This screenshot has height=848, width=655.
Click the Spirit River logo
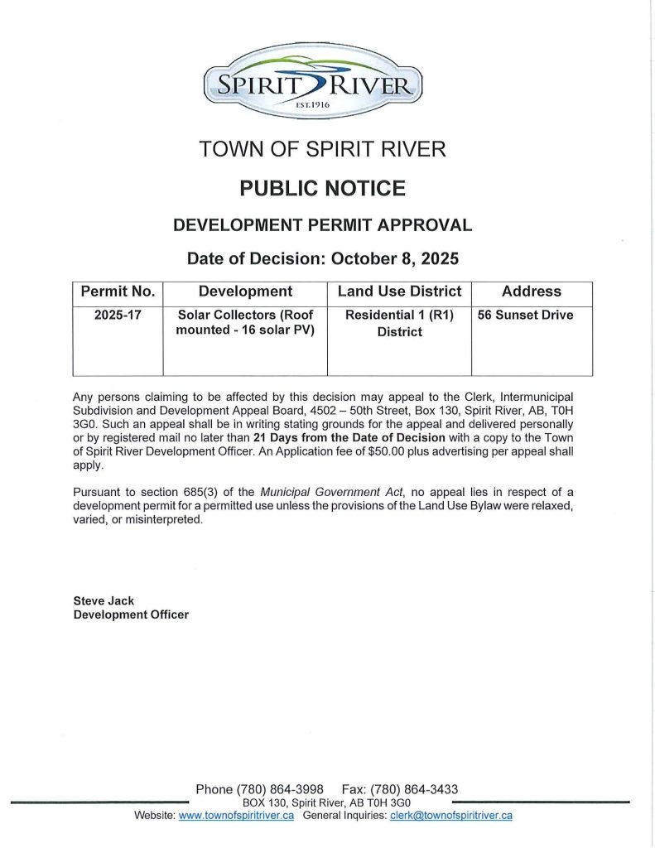point(313,83)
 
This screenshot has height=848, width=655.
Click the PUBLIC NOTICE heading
point(323,188)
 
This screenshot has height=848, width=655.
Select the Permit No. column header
point(117,291)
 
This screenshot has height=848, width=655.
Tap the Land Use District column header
point(399,291)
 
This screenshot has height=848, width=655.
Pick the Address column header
point(532,291)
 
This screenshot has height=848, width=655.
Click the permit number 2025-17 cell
point(117,316)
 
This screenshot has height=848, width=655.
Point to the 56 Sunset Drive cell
point(525,316)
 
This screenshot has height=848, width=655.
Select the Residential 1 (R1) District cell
point(399,323)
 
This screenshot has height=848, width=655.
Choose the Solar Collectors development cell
point(245,323)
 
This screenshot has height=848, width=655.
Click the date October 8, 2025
point(395,258)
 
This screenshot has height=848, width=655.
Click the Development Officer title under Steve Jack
point(131,614)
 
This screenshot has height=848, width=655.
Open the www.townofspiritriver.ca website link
point(237,816)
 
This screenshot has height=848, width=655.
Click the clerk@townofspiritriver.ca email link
point(451,816)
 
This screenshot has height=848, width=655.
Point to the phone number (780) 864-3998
point(280,789)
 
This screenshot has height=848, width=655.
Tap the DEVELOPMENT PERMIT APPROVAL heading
point(323,224)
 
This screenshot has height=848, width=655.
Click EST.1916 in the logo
point(313,106)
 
